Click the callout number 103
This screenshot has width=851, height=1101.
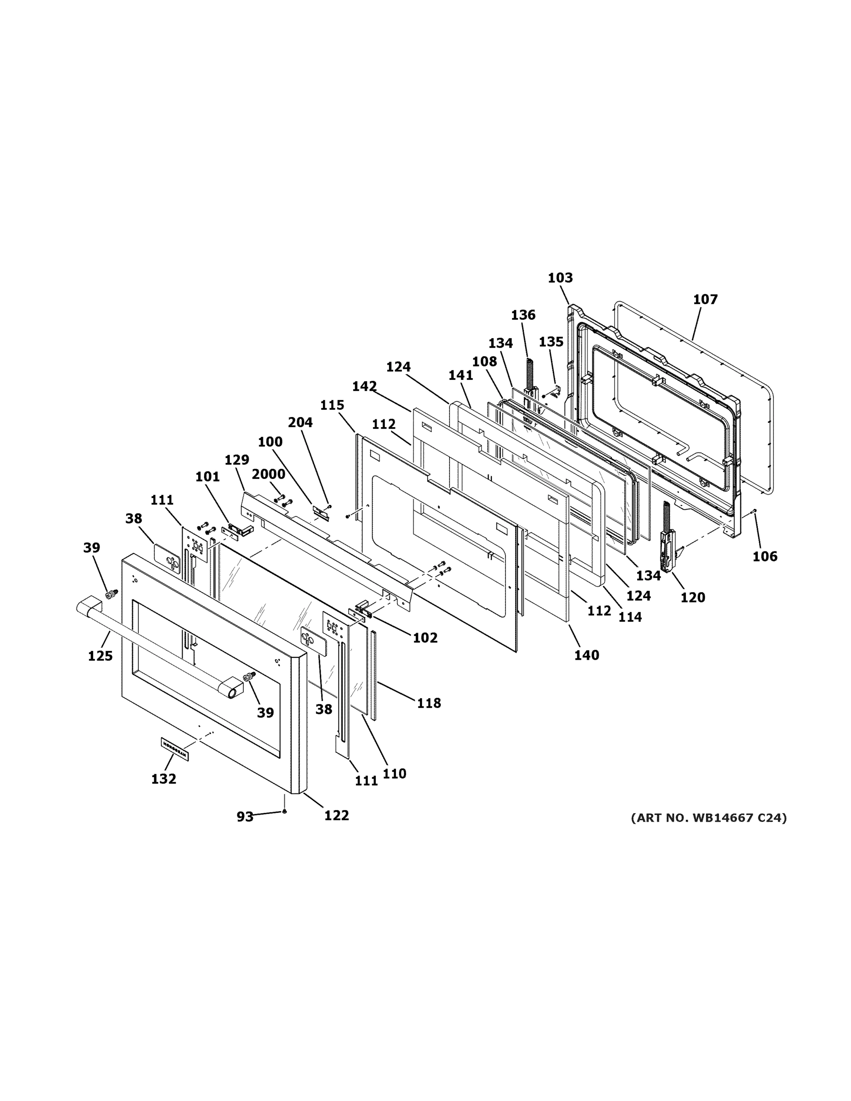[x=560, y=278]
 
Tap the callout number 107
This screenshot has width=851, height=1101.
[x=705, y=300]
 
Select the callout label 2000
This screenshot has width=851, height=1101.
[x=268, y=474]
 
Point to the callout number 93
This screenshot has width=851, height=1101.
[x=245, y=817]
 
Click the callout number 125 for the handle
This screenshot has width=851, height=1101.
[x=100, y=656]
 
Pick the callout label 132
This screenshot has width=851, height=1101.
[x=164, y=779]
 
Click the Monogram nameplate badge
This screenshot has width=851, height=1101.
[x=174, y=748]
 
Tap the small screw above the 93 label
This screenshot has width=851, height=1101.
[x=285, y=811]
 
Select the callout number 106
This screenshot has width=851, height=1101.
[x=765, y=556]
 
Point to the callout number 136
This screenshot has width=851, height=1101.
[x=523, y=315]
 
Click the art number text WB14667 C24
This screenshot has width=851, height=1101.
[x=709, y=817]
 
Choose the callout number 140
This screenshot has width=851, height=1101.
[x=587, y=656]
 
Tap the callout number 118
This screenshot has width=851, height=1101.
[x=428, y=703]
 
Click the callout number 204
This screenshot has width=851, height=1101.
[x=300, y=423]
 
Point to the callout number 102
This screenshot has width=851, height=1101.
[x=425, y=638]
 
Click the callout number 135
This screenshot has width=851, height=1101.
[x=551, y=342]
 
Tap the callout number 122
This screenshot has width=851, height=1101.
[x=336, y=815]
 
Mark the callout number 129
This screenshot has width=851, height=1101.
[x=236, y=460]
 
